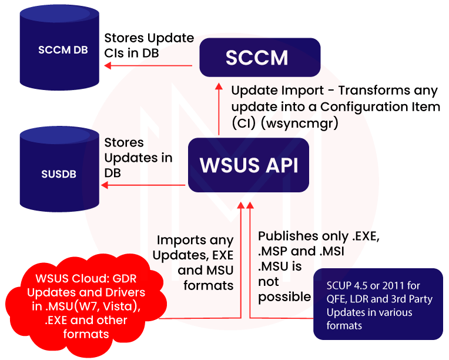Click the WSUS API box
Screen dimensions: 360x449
tap(249, 165)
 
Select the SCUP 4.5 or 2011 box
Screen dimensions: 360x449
tap(378, 304)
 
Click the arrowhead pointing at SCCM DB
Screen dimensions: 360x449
tap(107, 66)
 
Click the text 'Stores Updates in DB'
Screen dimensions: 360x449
tap(138, 158)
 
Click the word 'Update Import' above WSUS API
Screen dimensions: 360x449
tap(270, 91)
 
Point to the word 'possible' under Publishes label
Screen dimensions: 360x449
tap(284, 296)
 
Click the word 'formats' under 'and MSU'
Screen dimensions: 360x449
tap(209, 285)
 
